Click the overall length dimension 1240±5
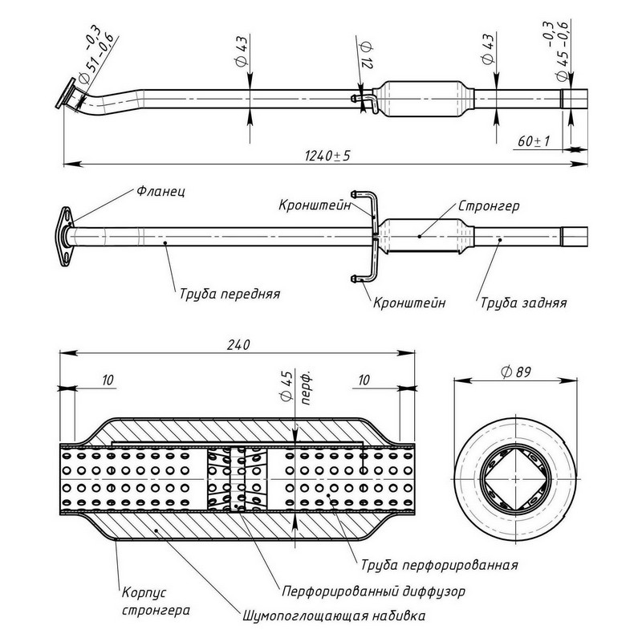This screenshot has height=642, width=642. click(327, 155)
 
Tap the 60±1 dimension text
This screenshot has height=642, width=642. click(533, 140)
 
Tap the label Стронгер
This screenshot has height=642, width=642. click(490, 206)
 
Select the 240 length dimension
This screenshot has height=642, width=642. click(238, 344)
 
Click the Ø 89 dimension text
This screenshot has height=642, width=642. click(517, 371)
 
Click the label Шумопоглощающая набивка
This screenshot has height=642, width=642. click(333, 616)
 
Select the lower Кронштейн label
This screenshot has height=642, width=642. click(409, 303)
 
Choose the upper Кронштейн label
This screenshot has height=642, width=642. click(316, 206)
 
